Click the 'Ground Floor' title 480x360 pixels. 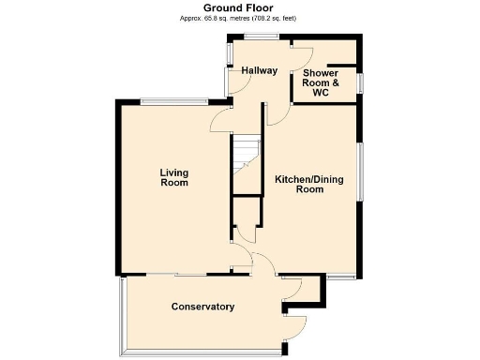click(x=239, y=7)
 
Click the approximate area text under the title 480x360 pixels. click(x=239, y=17)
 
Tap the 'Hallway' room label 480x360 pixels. click(x=259, y=70)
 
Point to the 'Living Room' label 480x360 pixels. click(x=173, y=177)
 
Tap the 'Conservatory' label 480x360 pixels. click(x=202, y=307)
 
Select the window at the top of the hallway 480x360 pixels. click(x=262, y=37)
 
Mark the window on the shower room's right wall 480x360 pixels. click(x=359, y=82)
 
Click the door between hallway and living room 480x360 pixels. click(x=221, y=117)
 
